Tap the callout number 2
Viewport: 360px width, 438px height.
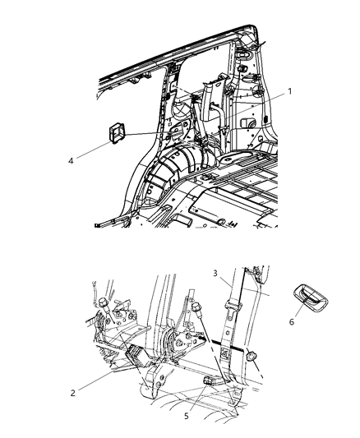(x=74, y=393)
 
